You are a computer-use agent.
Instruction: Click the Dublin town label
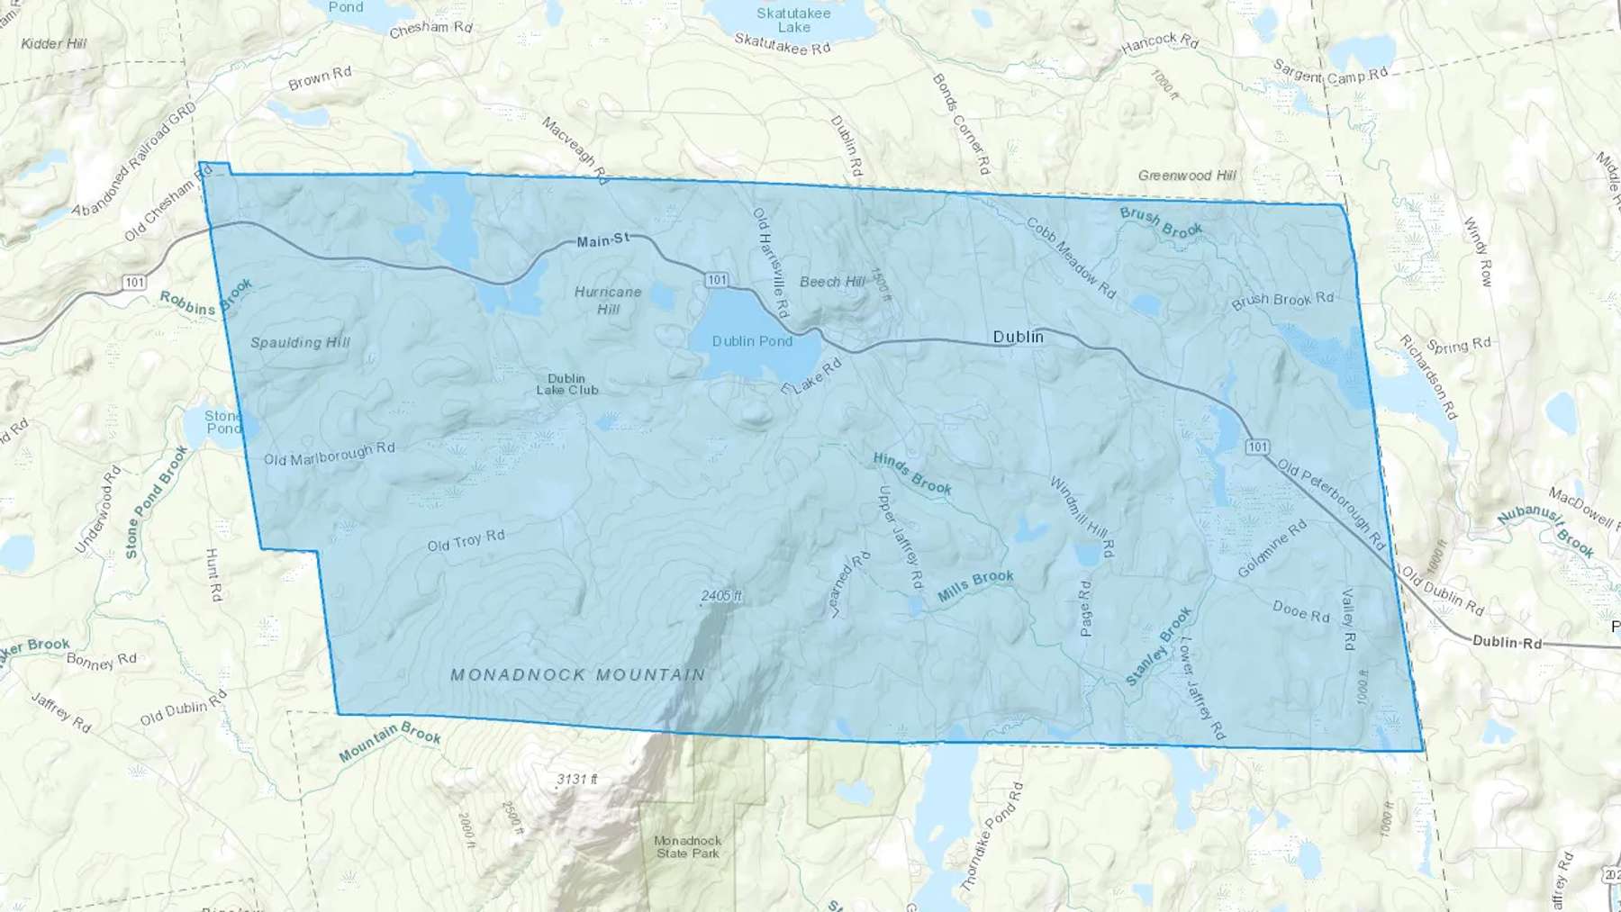1018,337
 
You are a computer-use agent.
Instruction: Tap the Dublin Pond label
752,341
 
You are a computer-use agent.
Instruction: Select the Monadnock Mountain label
577,674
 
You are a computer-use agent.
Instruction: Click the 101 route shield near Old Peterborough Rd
1257,447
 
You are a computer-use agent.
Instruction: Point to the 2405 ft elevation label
720,596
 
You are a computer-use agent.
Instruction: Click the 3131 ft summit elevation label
576,779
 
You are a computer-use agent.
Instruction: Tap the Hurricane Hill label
608,300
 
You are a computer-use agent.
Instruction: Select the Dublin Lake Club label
566,384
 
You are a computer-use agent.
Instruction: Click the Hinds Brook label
911,474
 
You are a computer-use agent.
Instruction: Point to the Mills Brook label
975,586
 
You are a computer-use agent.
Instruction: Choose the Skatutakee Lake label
793,20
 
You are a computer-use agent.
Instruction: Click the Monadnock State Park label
688,846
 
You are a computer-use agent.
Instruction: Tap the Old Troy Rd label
466,540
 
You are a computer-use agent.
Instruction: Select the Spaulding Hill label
300,342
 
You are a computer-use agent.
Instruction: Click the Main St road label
602,240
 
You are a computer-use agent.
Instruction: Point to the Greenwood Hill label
1187,176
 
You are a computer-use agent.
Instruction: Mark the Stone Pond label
222,421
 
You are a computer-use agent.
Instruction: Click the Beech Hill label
831,282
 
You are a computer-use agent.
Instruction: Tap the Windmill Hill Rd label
1082,517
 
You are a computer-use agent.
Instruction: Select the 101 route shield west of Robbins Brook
134,283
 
